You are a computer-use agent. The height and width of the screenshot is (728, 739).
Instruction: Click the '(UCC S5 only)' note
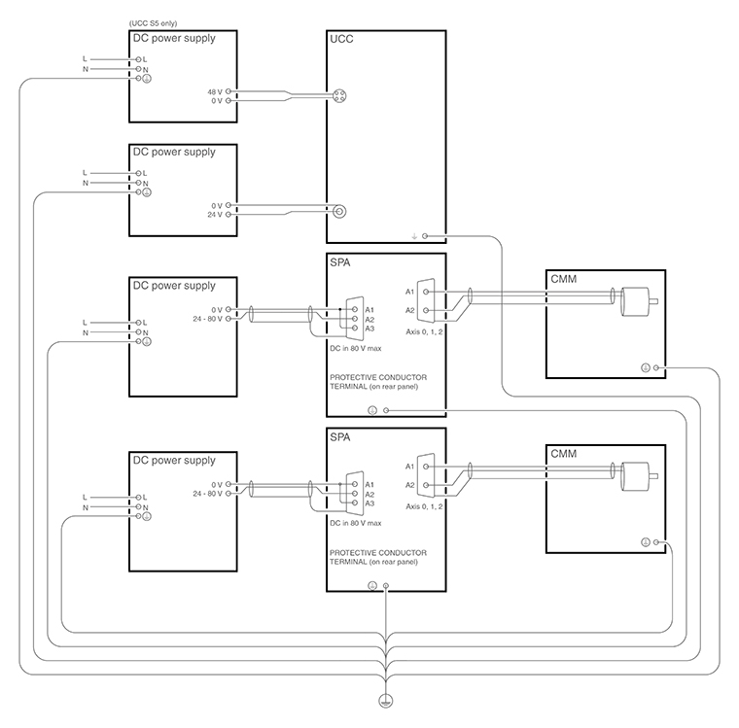(154, 22)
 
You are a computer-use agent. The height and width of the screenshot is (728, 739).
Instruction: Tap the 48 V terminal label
(214, 91)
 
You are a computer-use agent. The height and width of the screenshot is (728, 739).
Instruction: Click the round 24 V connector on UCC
(339, 211)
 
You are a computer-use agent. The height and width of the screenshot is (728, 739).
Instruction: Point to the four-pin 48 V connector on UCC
(340, 95)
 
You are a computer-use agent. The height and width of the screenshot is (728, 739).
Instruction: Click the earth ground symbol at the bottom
(385, 702)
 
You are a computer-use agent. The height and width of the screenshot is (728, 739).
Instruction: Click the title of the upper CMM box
(563, 280)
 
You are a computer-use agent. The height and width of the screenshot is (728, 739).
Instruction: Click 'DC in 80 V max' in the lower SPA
(356, 523)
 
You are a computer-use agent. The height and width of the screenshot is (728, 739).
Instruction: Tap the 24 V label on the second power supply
(215, 215)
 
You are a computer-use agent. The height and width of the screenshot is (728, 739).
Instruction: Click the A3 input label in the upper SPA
(369, 329)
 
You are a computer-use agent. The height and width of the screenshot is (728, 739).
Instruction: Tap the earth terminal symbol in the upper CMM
(645, 367)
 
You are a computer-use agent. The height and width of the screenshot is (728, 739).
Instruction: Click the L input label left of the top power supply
(86, 59)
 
